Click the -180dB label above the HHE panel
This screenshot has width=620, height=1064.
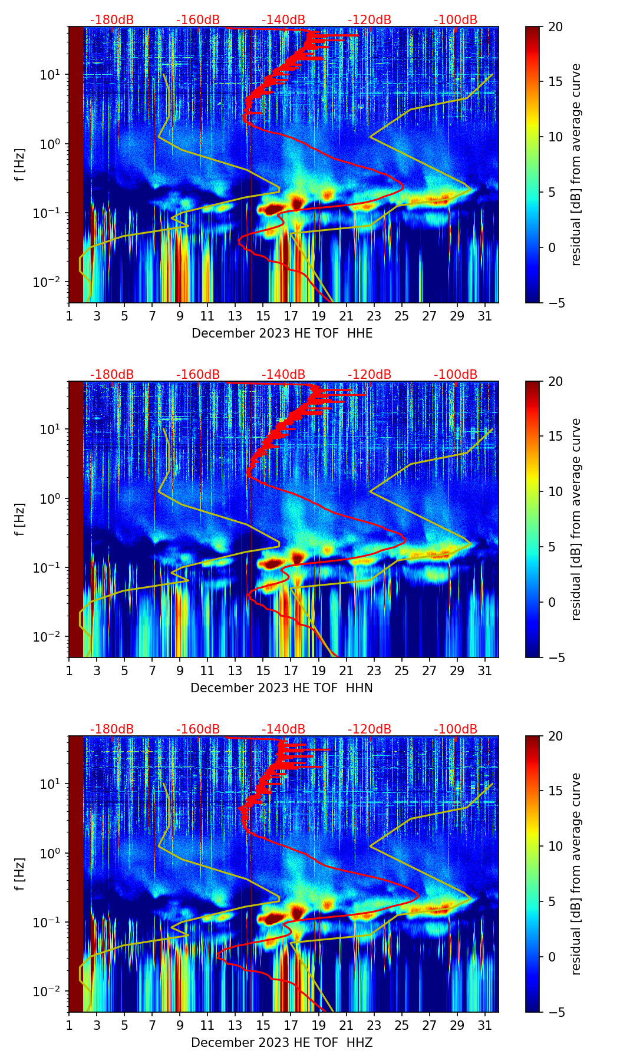click(x=112, y=20)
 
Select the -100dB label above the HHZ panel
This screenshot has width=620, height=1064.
click(x=456, y=729)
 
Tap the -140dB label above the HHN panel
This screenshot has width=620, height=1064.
click(x=283, y=375)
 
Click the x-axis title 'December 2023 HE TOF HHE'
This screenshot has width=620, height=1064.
click(x=282, y=333)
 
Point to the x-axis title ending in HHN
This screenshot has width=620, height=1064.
click(x=282, y=688)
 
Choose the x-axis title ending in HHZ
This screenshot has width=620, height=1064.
click(x=282, y=1043)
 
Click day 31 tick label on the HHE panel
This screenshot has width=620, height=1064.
click(x=485, y=316)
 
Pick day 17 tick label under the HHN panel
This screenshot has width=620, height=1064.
click(x=291, y=670)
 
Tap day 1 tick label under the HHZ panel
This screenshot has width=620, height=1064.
click(x=69, y=1025)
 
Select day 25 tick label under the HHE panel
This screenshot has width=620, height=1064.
click(x=402, y=316)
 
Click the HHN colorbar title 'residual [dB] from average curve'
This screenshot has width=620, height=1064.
click(x=576, y=519)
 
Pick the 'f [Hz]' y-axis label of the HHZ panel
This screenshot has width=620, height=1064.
click(x=20, y=874)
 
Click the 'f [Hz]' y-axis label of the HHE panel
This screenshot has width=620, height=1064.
click(x=20, y=164)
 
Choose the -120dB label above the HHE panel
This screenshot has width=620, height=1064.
click(x=370, y=20)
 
